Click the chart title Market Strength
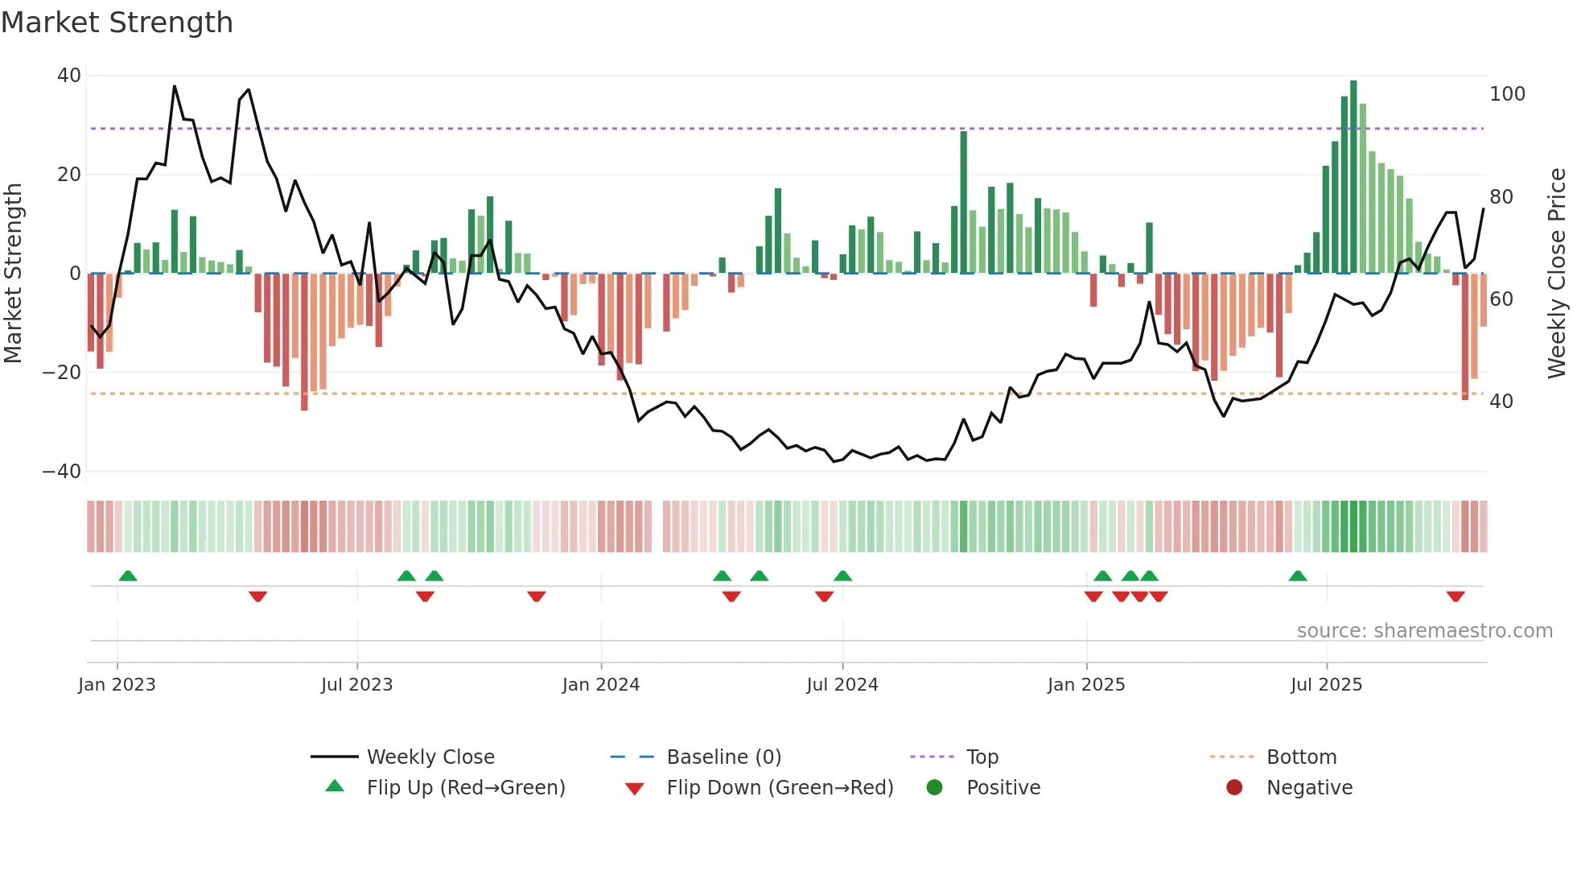click(117, 23)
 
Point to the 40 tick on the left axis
click(69, 76)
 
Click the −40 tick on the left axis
click(62, 472)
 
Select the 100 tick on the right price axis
click(1507, 94)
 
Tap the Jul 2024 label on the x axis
click(842, 685)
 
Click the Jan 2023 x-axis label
click(117, 685)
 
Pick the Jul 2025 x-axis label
click(1326, 685)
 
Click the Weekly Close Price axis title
click(1557, 274)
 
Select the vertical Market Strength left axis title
click(13, 274)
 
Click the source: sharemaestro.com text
click(1424, 631)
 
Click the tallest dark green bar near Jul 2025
click(1353, 177)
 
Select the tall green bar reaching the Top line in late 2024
click(963, 203)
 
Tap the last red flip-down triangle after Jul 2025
click(1455, 596)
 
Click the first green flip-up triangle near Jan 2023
click(128, 576)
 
